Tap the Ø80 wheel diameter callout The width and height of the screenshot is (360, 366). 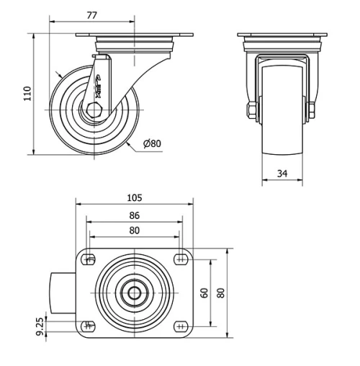(x=151, y=143)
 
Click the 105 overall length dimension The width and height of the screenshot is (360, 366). (x=134, y=197)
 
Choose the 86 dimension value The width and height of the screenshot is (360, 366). (x=134, y=215)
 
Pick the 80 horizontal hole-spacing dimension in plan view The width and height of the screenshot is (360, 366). (x=134, y=231)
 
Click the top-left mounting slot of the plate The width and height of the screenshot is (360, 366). (x=89, y=260)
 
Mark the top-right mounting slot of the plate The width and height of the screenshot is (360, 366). (x=179, y=260)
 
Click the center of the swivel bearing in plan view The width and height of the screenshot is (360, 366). (x=135, y=293)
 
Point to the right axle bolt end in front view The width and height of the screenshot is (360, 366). (x=311, y=110)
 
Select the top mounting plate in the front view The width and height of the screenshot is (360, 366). (x=282, y=36)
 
